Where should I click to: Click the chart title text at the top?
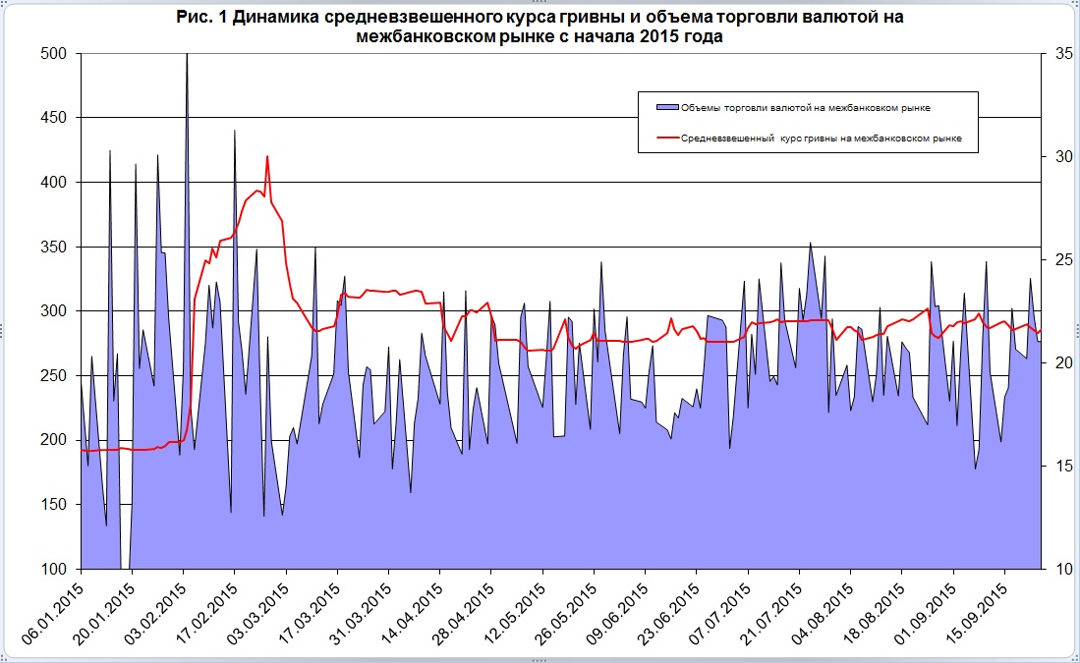pyautogui.click(x=539, y=27)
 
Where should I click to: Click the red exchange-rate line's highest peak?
pyautogui.click(x=266, y=156)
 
